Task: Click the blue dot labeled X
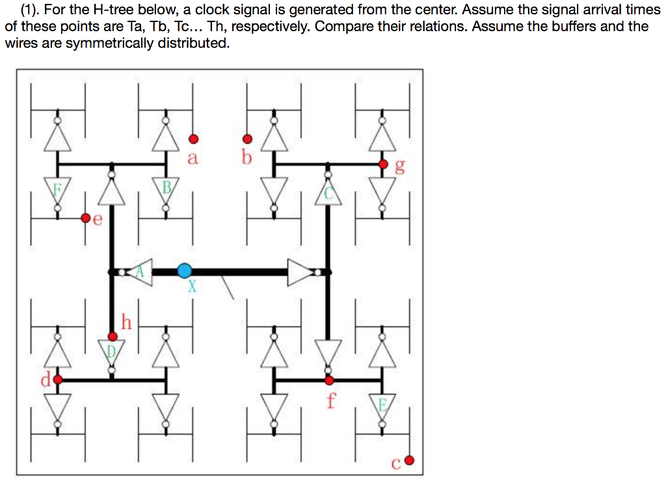(x=185, y=271)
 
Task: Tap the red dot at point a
(x=193, y=138)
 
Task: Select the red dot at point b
(x=247, y=138)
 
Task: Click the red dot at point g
(x=383, y=164)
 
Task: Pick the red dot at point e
(x=85, y=218)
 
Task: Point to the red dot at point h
(x=113, y=337)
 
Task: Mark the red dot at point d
(x=57, y=379)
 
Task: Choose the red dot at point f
(x=329, y=379)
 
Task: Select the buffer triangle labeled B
(x=166, y=190)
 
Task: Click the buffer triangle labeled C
(x=328, y=192)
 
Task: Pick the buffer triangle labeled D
(x=112, y=351)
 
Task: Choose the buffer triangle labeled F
(x=57, y=191)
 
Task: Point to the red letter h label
(x=127, y=322)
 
